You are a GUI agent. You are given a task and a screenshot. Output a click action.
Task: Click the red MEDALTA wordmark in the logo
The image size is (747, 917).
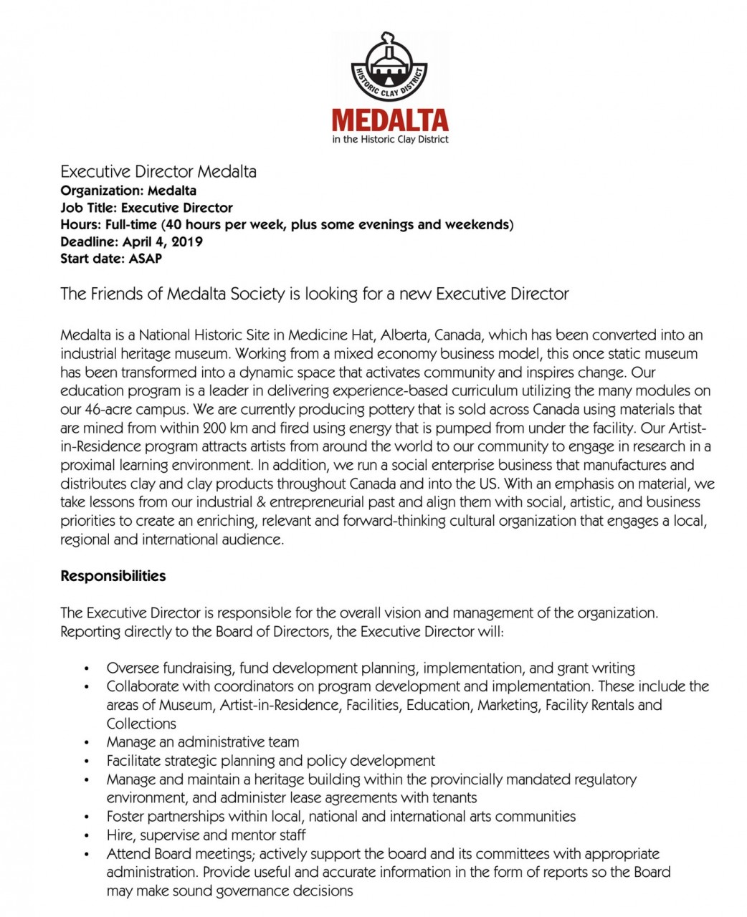pos(390,120)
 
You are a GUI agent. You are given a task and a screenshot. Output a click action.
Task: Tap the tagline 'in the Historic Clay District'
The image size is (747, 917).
pos(390,139)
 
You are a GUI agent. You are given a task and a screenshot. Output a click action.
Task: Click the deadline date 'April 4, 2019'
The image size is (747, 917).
pos(163,241)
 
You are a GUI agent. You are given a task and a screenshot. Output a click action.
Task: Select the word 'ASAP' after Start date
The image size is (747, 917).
pos(145,259)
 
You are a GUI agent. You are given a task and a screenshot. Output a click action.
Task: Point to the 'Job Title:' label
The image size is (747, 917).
pos(89,208)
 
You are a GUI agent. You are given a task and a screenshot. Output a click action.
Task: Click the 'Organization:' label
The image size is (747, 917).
pos(102,191)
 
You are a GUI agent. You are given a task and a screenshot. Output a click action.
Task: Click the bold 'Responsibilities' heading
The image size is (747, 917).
pos(113,576)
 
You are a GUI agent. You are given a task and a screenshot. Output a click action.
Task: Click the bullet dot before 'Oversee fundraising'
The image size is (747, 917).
pos(86,669)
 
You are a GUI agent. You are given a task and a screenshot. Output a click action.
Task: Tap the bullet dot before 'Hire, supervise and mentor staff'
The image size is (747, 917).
pos(86,836)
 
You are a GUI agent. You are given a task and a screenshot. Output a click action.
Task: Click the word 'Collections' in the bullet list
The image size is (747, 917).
pos(141,724)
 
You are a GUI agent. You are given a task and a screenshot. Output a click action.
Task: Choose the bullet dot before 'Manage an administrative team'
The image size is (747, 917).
pos(86,743)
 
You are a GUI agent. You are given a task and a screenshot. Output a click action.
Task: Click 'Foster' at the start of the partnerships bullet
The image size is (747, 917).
pos(125,817)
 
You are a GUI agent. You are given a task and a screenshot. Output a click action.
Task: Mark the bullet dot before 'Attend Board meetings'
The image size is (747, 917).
pos(86,855)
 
